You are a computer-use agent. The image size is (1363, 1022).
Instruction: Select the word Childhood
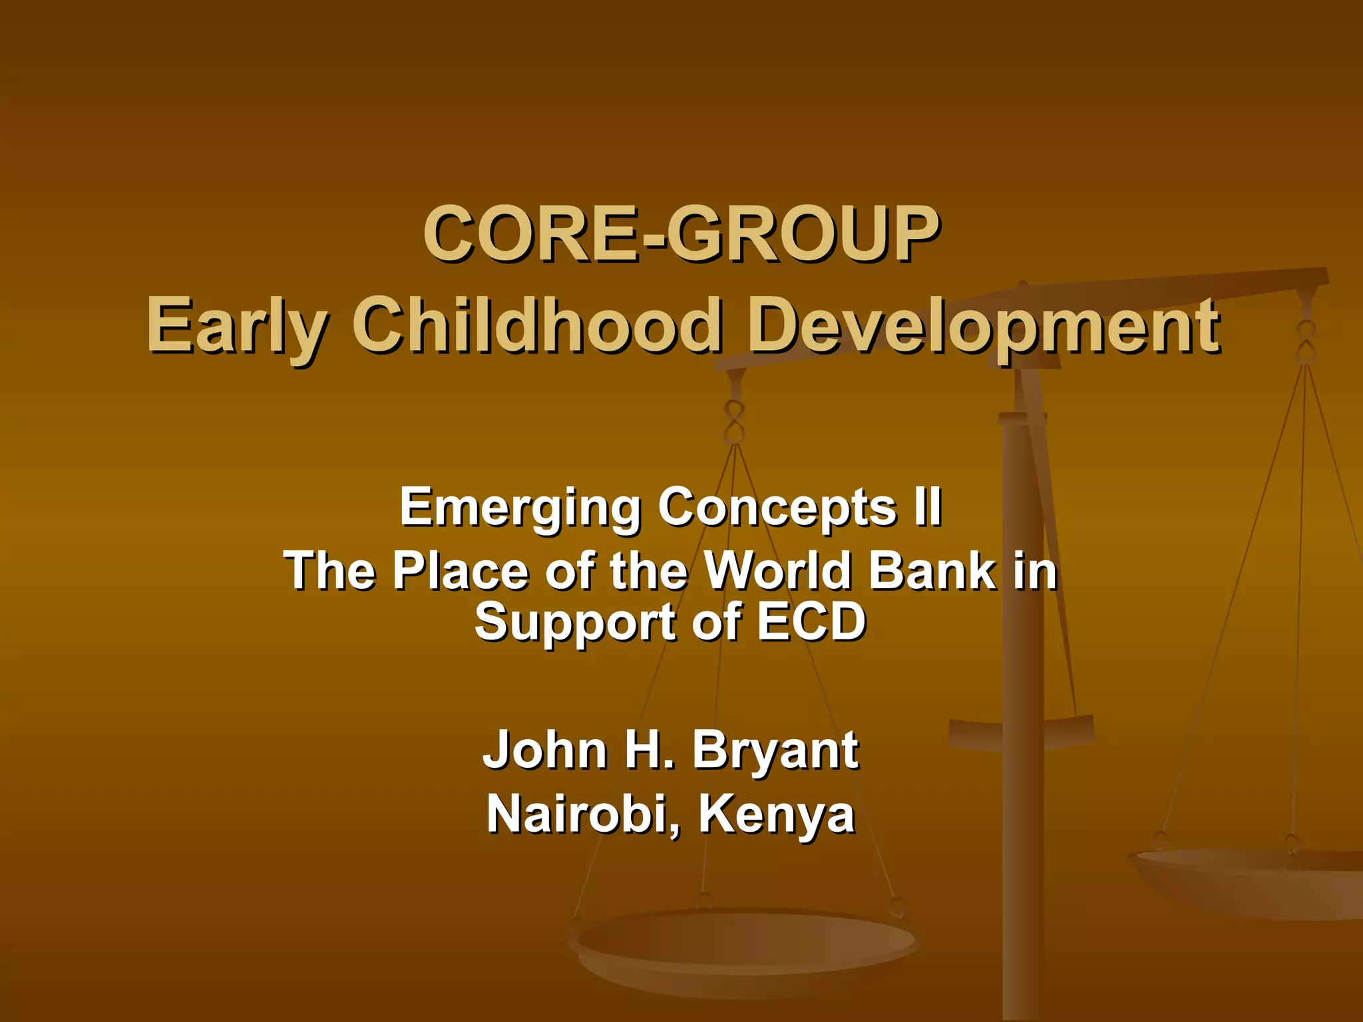[536, 326]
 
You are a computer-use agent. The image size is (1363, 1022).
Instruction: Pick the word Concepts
[776, 508]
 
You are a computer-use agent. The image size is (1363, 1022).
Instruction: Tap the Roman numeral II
[927, 507]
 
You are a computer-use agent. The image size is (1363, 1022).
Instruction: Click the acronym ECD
[811, 622]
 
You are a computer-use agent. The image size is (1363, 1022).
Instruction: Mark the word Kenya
[776, 816]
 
